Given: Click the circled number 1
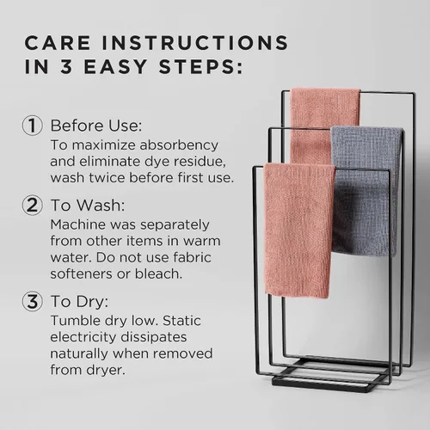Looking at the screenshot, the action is click(33, 126).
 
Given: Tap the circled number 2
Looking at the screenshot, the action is click(33, 205).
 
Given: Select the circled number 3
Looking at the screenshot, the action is click(33, 301).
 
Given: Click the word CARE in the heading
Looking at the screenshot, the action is click(58, 43).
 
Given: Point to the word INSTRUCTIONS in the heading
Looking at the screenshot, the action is click(195, 43).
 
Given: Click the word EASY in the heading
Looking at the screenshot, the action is click(115, 66).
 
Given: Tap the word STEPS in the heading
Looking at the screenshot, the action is click(200, 66).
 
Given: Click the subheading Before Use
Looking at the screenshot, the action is click(96, 126).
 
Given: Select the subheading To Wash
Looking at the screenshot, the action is click(88, 206).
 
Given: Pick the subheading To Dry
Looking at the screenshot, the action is click(80, 302).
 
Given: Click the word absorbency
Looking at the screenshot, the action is click(179, 145).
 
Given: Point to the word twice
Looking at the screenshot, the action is click(107, 178).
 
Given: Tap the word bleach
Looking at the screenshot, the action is click(158, 273).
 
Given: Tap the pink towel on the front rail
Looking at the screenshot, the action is click(298, 230).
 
